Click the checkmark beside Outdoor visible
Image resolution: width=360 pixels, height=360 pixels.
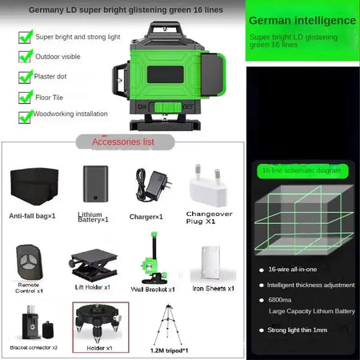tap(25, 57)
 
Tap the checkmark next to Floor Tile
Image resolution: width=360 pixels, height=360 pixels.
tap(25, 97)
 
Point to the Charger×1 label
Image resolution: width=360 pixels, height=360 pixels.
tap(146, 216)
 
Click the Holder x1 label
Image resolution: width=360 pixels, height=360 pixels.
tap(94, 348)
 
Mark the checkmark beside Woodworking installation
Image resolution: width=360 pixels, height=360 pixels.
tap(25, 117)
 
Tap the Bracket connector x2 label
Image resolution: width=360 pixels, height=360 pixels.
tap(33, 348)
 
